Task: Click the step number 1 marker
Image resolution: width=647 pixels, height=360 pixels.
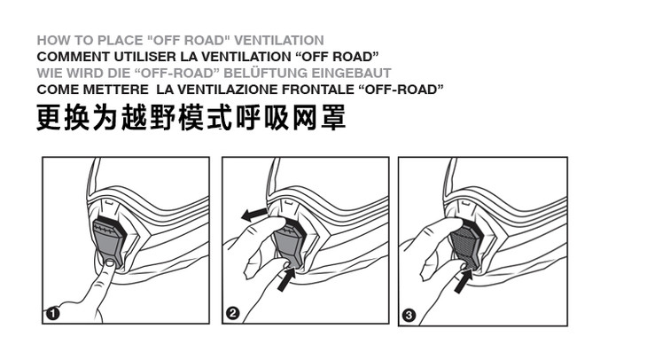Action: click(53, 314)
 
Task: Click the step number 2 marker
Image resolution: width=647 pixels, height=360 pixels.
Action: click(233, 313)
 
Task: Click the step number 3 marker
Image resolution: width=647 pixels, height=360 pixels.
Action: click(409, 316)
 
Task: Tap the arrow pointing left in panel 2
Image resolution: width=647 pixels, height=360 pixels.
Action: click(254, 215)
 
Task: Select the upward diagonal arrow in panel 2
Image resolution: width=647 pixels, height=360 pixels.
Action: click(287, 279)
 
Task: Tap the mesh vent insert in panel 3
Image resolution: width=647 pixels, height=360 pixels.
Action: click(464, 247)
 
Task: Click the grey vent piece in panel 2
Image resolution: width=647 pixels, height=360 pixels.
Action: click(290, 246)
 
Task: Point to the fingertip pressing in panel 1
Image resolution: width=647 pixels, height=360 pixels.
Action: click(109, 264)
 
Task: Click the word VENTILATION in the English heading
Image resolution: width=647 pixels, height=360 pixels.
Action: click(279, 41)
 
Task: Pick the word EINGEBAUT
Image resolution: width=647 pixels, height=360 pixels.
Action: click(351, 73)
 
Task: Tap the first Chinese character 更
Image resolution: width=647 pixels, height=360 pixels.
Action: click(49, 118)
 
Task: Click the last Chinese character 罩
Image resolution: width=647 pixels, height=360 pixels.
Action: click(333, 118)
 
